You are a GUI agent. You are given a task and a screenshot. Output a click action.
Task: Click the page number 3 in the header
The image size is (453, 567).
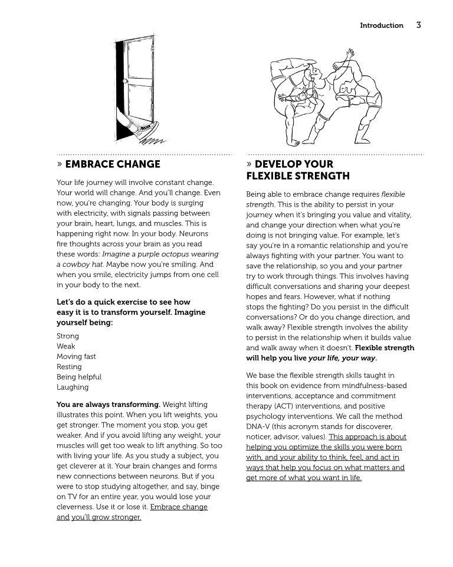point(418,25)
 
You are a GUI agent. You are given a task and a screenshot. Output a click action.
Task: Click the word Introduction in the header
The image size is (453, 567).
point(382,25)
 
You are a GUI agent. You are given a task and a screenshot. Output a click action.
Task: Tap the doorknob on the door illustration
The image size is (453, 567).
point(124,81)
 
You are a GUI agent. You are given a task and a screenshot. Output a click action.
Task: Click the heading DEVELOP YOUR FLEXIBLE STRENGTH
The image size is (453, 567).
point(298,170)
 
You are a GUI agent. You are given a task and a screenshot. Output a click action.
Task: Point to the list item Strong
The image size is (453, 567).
point(68,336)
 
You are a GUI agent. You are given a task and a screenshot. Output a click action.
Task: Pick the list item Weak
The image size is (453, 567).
point(66,346)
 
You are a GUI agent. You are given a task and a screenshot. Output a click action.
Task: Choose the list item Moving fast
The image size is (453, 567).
point(76,356)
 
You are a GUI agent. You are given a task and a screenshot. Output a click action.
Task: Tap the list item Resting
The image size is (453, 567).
point(69,367)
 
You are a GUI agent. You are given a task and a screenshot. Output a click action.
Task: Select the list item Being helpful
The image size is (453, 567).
point(79,377)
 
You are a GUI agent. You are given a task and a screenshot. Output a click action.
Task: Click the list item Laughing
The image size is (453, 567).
point(73,387)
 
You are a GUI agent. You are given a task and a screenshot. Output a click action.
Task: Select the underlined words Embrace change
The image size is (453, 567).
point(179,507)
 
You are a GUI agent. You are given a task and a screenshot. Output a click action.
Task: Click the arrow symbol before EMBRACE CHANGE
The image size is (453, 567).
point(60,164)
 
